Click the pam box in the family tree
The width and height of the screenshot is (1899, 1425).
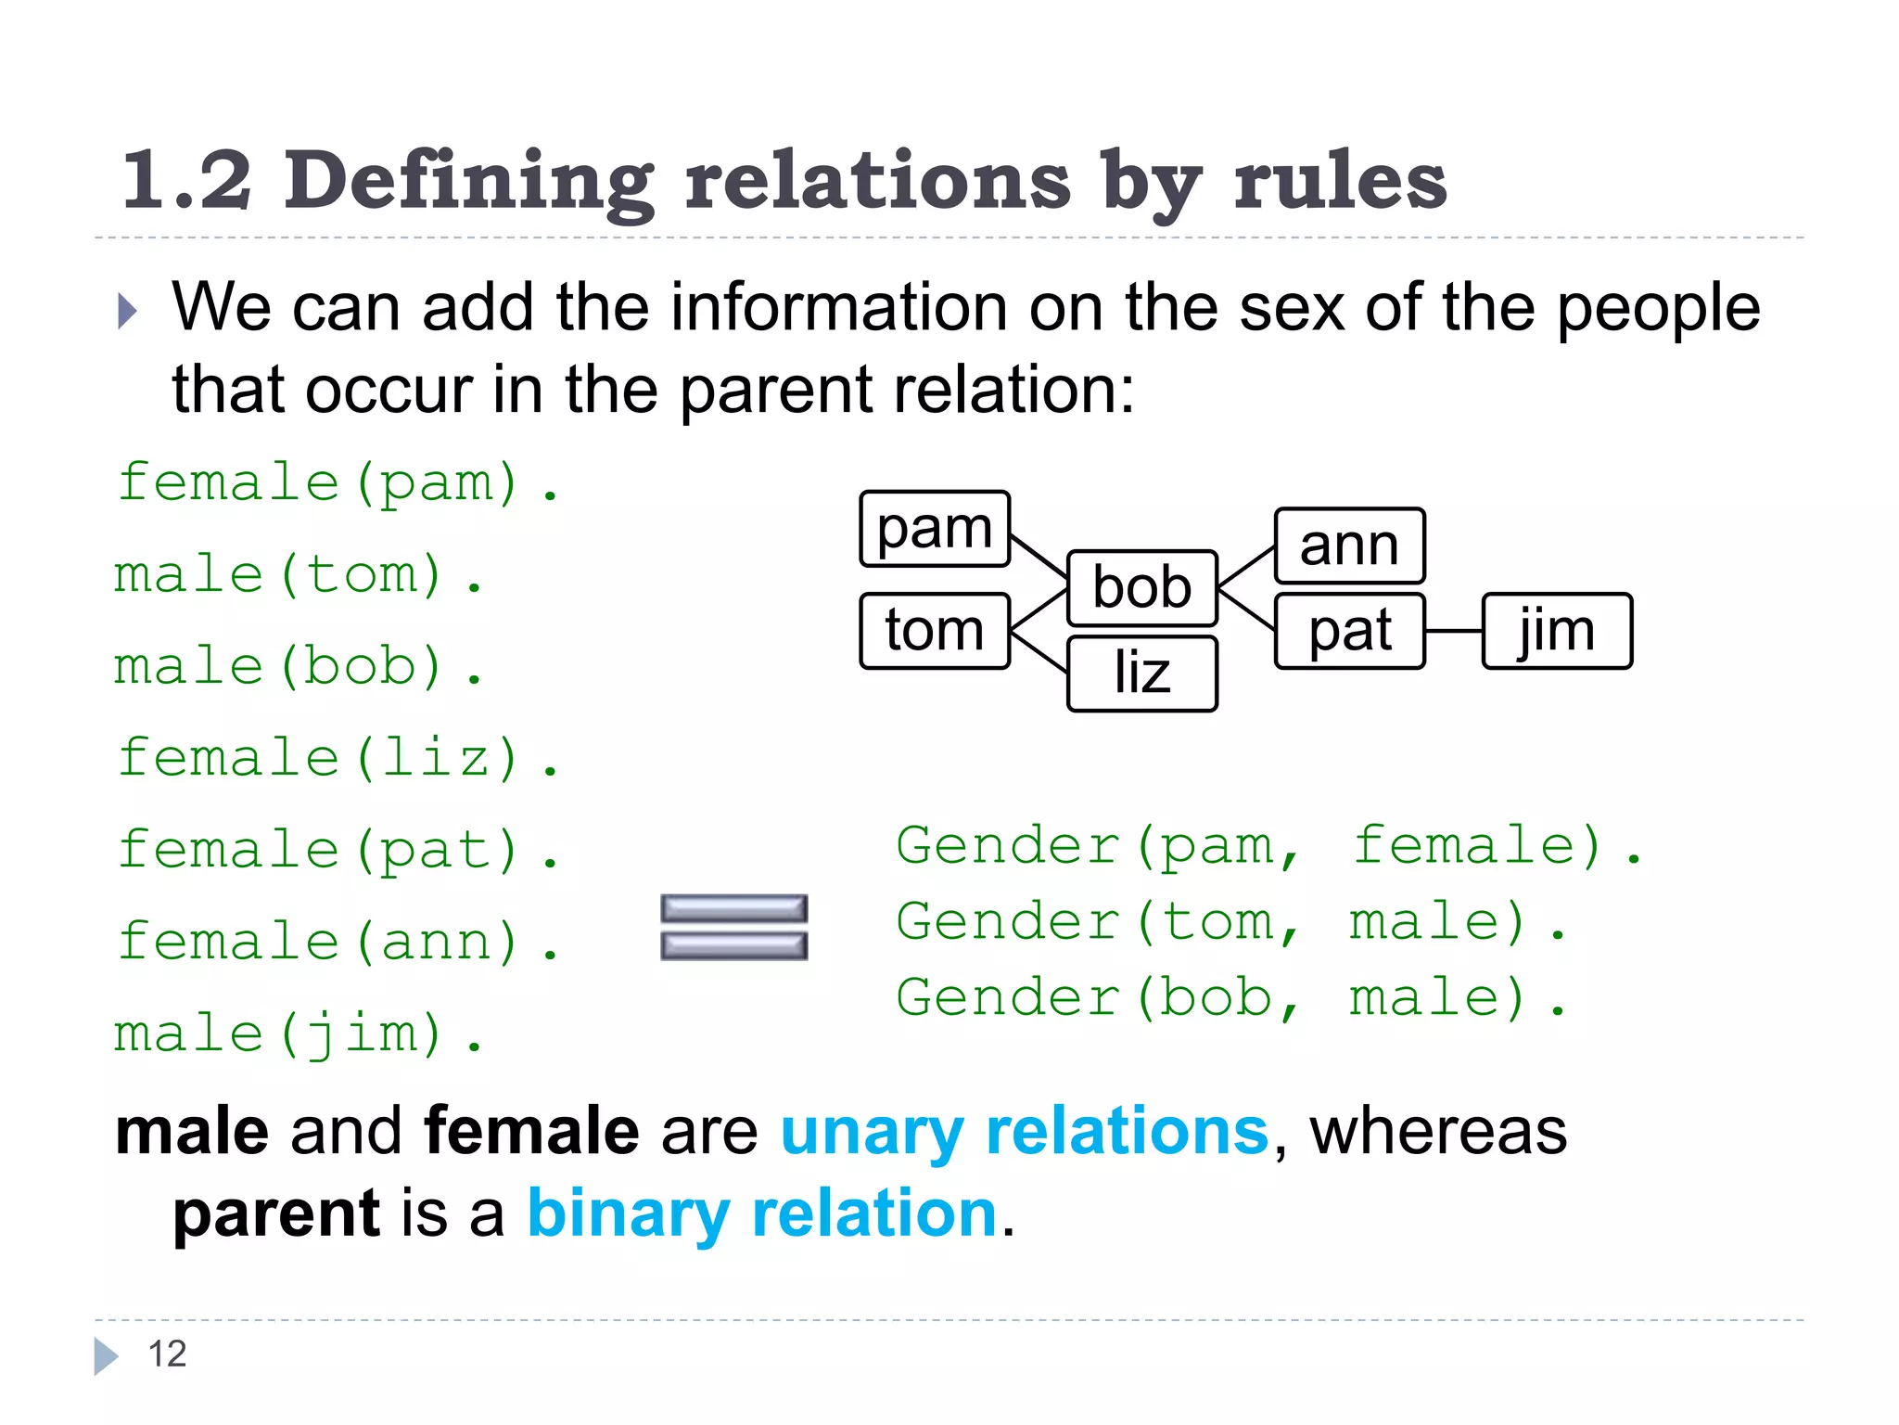[x=935, y=529]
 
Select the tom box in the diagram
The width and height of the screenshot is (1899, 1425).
[x=935, y=631]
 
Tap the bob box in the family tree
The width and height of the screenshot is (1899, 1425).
[x=1141, y=588]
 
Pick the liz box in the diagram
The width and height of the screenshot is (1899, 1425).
[x=1141, y=674]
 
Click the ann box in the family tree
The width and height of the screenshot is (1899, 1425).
[x=1349, y=546]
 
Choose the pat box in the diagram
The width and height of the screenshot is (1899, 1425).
[x=1349, y=631]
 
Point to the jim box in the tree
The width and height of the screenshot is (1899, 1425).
[x=1557, y=631]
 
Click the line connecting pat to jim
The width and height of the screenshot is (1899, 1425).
[x=1453, y=631]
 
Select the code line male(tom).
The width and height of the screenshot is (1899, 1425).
[x=299, y=575]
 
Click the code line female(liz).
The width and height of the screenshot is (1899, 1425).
[x=338, y=759]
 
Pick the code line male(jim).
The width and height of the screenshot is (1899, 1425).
[x=299, y=1034]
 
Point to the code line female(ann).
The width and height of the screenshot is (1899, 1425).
[x=338, y=943]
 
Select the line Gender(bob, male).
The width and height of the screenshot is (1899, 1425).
[x=1230, y=998]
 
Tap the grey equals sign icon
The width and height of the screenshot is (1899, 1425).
[x=733, y=927]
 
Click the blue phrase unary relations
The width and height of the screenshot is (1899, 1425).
[x=1024, y=1132]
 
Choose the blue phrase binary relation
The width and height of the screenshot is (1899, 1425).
[x=762, y=1213]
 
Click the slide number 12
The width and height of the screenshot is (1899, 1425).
[x=168, y=1354]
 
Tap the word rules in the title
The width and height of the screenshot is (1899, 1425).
[x=1340, y=180]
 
